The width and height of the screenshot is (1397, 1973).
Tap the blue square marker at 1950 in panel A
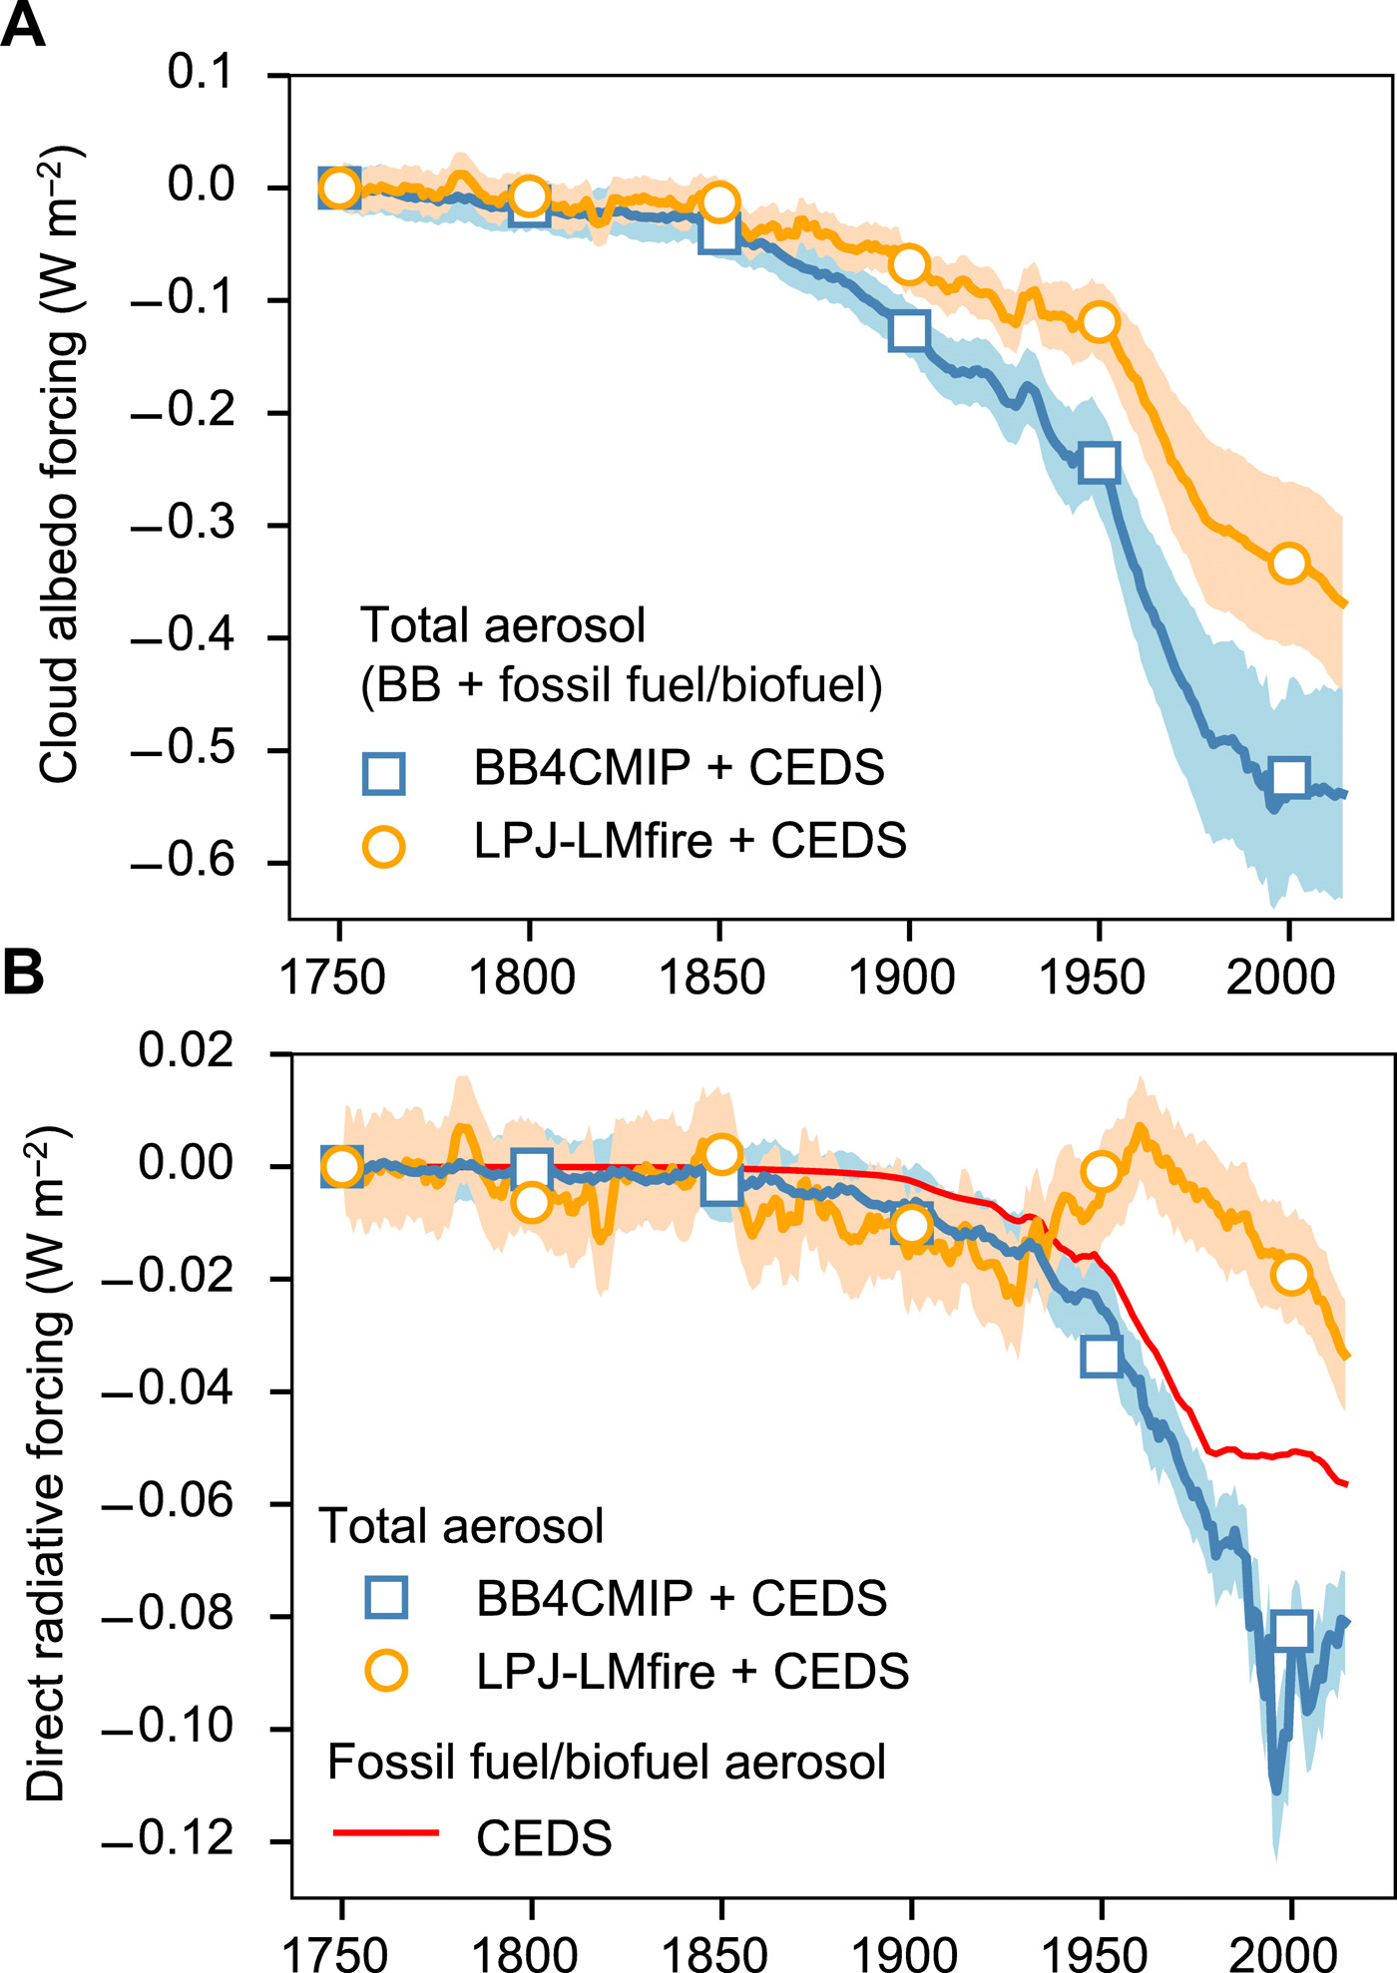[1099, 463]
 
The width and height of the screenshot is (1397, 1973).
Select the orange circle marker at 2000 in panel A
[1289, 564]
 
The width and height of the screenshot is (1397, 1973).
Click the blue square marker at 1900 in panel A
[908, 330]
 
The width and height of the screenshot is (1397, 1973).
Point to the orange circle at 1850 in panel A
[718, 202]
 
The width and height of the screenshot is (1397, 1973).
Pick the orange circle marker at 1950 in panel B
[1101, 1172]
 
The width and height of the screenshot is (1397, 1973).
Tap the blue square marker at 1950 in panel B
[1101, 1357]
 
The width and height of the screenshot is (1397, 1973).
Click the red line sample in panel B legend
[385, 1832]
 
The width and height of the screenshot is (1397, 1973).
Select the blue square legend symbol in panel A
[383, 773]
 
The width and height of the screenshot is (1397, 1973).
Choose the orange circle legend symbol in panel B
[385, 1670]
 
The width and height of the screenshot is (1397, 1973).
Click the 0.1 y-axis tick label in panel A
[199, 73]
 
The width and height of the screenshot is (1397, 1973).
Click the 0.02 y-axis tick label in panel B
[186, 1050]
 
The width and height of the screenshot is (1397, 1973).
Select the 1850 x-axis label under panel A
[711, 978]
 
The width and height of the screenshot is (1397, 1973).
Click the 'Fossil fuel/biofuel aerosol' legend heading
[606, 1763]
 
